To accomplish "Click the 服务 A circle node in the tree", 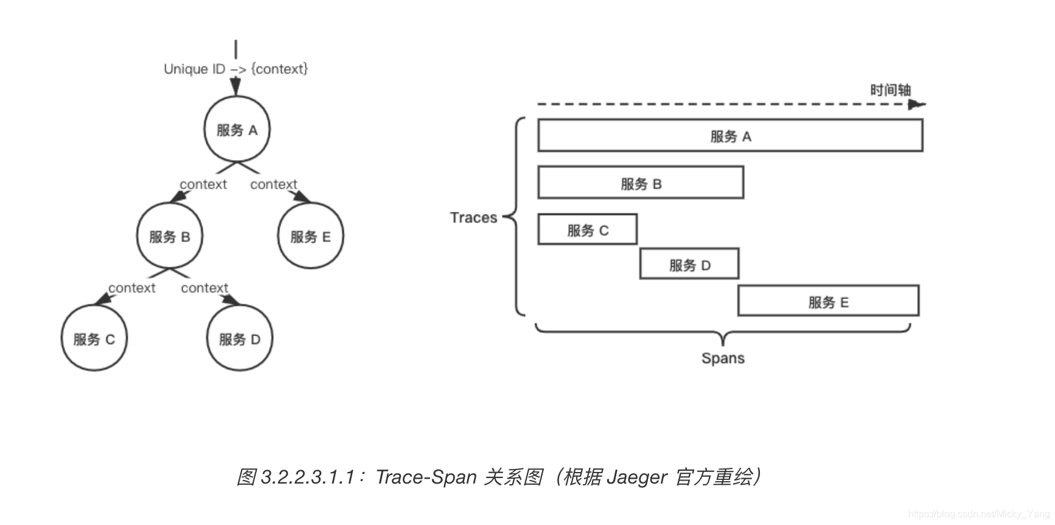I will (x=237, y=129).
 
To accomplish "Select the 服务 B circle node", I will (x=169, y=236).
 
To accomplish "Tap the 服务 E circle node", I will (x=310, y=236).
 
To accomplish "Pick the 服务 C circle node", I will (x=94, y=339).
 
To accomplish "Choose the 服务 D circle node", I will (x=240, y=339).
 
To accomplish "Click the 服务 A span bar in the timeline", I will (x=730, y=136).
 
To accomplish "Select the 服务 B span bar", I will (x=641, y=183).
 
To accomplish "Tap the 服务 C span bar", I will (x=587, y=230).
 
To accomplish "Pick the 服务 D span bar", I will (x=689, y=264).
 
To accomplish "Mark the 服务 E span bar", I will (x=828, y=301).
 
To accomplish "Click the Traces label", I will (x=473, y=217).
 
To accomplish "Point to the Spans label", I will (x=723, y=358).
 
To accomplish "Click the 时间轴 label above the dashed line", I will (x=890, y=90).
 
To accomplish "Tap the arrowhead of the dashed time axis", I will (x=916, y=105).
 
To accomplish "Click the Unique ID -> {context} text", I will (x=235, y=69).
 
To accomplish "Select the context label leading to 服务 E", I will (x=274, y=184).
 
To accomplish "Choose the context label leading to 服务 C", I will (x=131, y=287).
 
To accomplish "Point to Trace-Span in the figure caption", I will (x=426, y=477).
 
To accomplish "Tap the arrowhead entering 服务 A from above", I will (x=235, y=88).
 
